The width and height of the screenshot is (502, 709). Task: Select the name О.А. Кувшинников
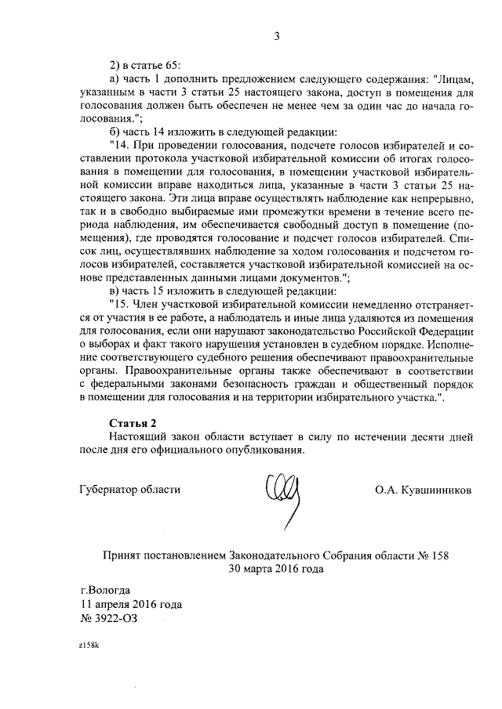424,490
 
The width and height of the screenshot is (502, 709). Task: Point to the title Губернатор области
130,490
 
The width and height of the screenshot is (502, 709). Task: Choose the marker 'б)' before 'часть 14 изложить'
115,132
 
